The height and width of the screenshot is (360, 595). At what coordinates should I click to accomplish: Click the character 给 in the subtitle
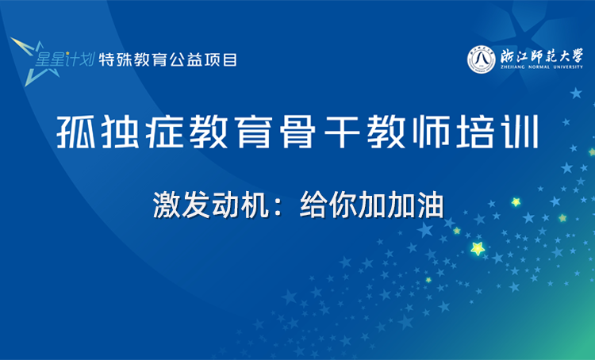313,205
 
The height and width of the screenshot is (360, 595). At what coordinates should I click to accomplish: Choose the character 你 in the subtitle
342,205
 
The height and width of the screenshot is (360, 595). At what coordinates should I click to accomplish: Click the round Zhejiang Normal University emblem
481,59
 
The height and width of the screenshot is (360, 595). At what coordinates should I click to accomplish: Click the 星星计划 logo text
66,59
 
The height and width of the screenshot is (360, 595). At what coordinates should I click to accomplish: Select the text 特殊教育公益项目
168,59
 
